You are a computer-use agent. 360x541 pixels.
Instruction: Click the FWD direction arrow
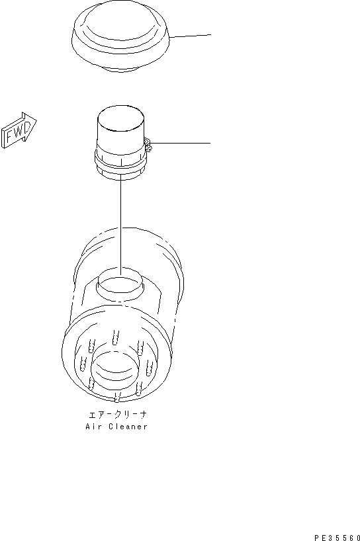[19, 130]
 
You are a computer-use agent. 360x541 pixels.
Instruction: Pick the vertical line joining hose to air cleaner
[120, 225]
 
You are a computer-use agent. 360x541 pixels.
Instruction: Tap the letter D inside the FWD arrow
[26, 126]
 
